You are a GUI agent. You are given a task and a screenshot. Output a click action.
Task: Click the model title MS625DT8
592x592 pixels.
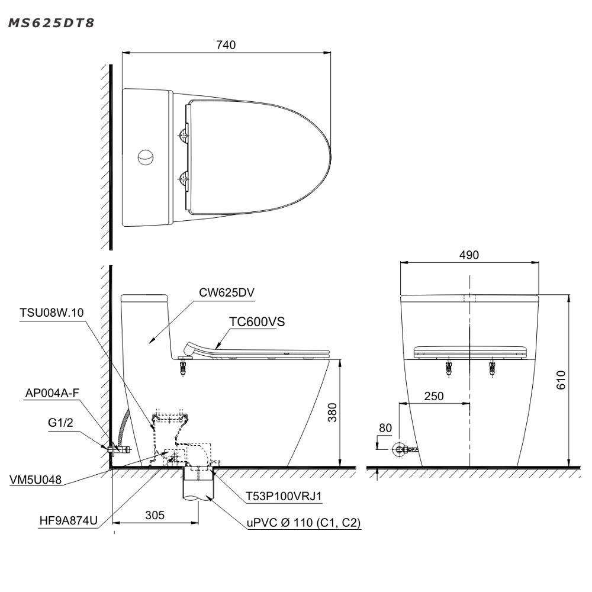click(x=51, y=23)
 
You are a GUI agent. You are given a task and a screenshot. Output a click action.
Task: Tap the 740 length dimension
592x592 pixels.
click(x=226, y=45)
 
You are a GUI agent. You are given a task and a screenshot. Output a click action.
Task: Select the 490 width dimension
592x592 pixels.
click(x=469, y=255)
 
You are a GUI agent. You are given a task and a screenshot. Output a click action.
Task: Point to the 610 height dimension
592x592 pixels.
click(x=561, y=380)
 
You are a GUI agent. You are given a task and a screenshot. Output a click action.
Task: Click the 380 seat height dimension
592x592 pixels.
click(x=332, y=412)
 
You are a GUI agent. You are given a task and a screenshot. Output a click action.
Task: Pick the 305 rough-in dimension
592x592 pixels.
click(x=155, y=515)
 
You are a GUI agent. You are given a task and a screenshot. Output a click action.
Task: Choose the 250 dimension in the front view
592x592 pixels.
click(x=434, y=396)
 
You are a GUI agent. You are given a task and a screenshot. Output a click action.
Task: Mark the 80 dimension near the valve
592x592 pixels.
click(x=385, y=428)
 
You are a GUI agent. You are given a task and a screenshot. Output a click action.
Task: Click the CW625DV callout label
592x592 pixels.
click(x=227, y=292)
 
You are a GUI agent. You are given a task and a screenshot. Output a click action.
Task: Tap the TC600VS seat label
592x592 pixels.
click(x=257, y=321)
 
